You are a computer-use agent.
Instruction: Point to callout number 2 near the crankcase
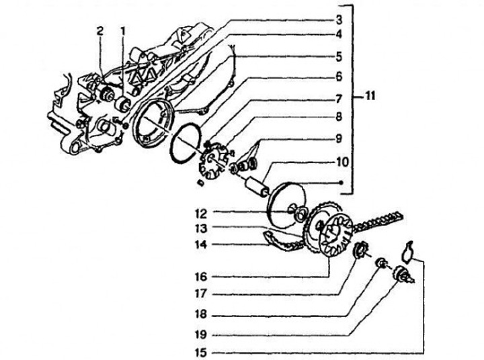coord(99,30)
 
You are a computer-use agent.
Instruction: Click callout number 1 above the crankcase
coord(123,30)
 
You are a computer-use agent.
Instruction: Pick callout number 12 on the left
coord(201,214)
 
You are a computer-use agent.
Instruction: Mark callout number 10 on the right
coord(339,162)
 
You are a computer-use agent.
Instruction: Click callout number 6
coord(339,77)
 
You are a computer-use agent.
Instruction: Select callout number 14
coord(201,245)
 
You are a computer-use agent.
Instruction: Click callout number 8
coord(339,117)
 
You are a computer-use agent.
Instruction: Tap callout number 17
coord(201,294)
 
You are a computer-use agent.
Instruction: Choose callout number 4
coord(339,34)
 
